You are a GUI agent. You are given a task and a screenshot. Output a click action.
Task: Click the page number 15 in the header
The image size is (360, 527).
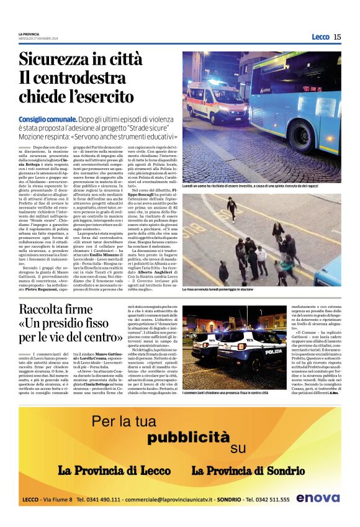pos(337,37)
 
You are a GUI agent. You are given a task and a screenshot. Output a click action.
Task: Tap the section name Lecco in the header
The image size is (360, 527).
pos(320,37)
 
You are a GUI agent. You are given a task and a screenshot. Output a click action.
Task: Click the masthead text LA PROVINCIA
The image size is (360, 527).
pos(29,34)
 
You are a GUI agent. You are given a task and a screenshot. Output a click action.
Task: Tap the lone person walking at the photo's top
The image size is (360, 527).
pos(232,207)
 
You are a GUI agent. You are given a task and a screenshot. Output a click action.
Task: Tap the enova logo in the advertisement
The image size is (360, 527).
pos(318,498)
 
